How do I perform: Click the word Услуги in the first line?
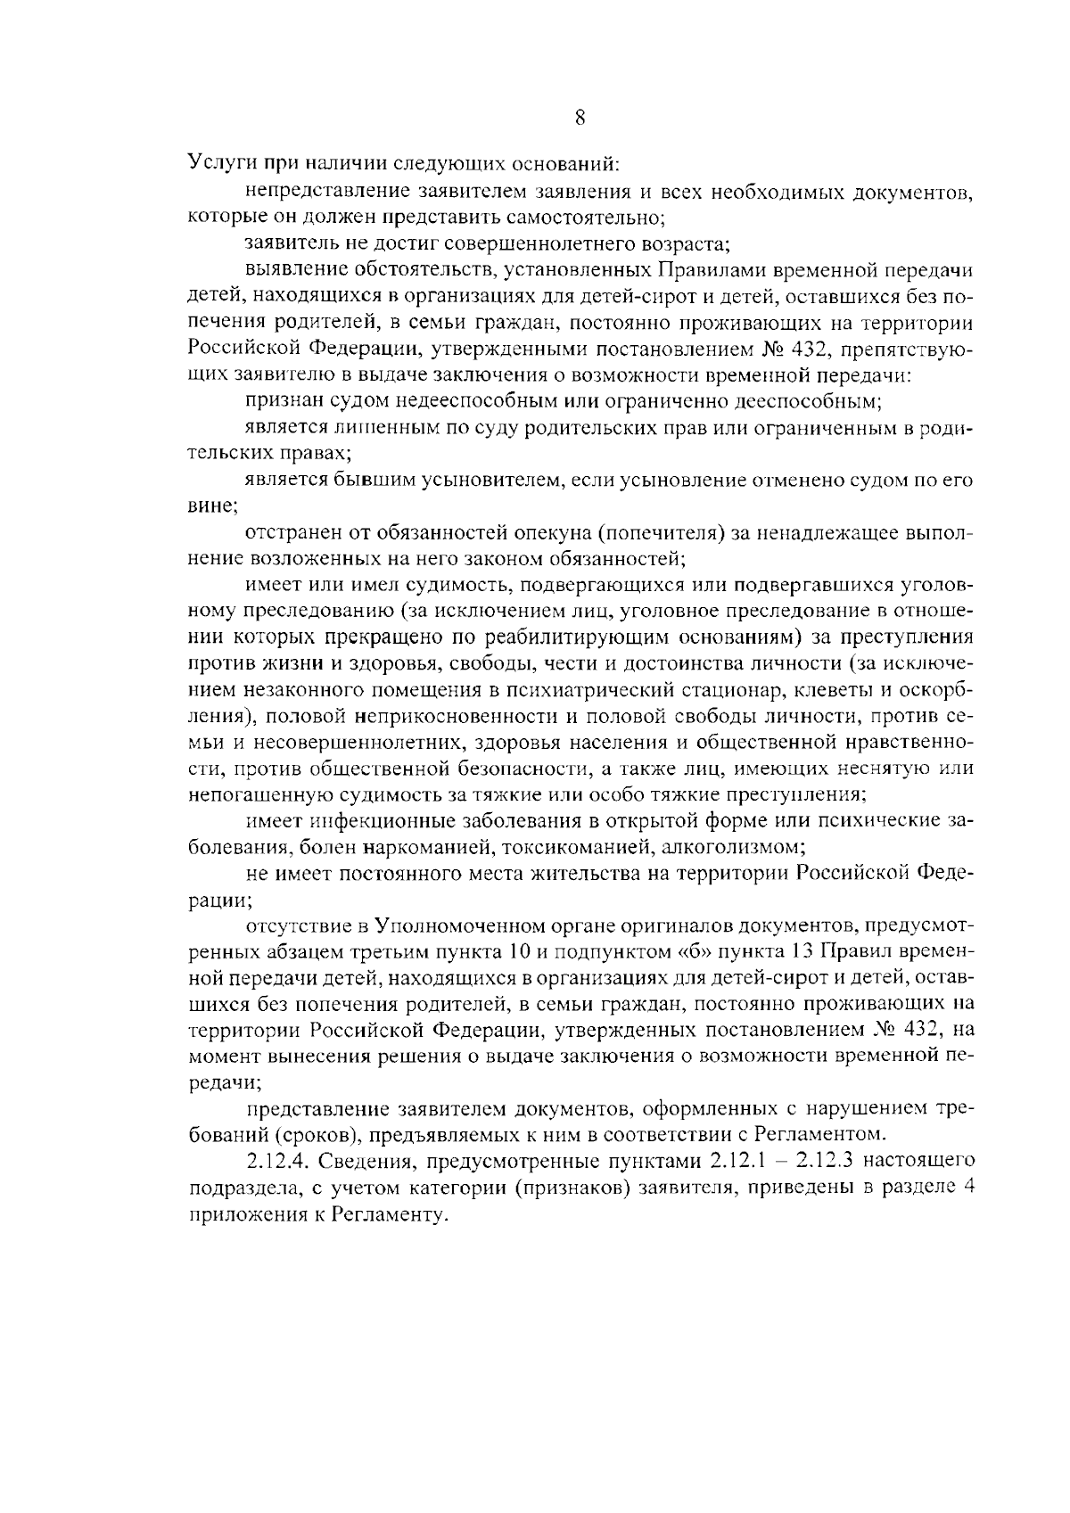click(x=218, y=164)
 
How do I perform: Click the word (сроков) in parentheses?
click(x=317, y=1135)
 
